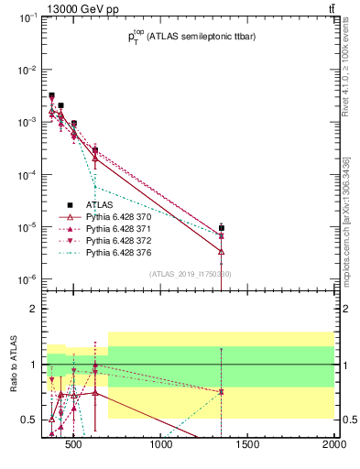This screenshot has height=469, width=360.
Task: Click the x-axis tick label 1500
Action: click(x=248, y=446)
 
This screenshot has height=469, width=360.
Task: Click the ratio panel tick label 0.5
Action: click(x=29, y=420)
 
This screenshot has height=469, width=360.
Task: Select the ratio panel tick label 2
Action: click(x=34, y=309)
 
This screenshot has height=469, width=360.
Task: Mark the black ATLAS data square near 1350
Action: click(x=222, y=228)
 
